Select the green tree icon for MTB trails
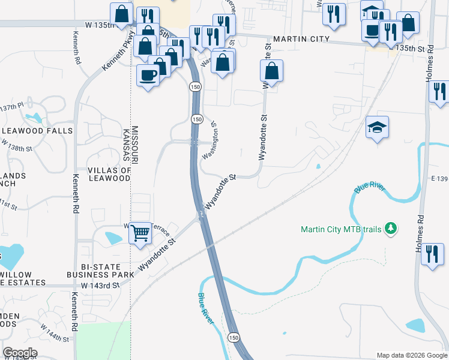click(391, 228)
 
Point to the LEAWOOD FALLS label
click(37, 131)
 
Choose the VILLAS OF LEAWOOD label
click(109, 174)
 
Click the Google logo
click(20, 353)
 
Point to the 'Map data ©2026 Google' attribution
click(412, 355)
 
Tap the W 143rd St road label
click(100, 286)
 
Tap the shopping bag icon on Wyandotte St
click(272, 71)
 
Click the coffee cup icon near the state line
click(148, 75)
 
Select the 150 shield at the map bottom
click(234, 338)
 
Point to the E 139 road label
click(439, 179)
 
